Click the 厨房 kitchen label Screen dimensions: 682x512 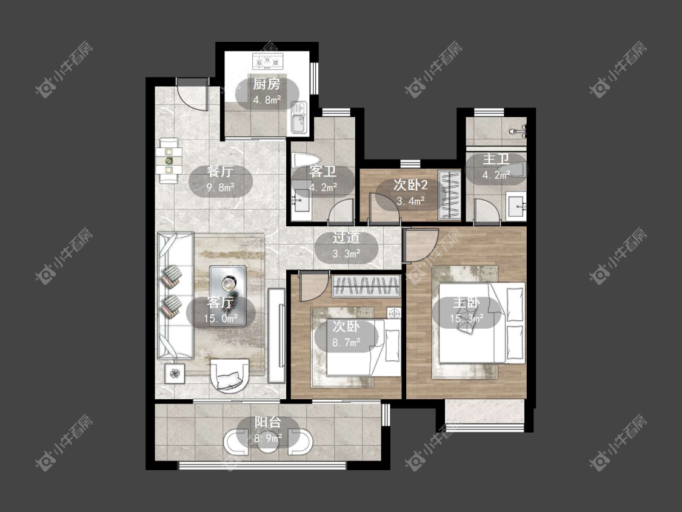click(x=267, y=84)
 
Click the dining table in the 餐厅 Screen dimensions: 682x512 click(x=169, y=161)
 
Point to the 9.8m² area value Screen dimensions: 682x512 click(x=221, y=188)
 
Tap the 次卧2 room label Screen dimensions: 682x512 click(x=410, y=185)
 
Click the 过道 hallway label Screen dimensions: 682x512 click(x=346, y=238)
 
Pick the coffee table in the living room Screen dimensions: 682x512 click(x=227, y=295)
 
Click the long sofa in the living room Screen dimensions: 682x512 click(x=175, y=296)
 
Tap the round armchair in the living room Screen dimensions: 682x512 click(x=230, y=376)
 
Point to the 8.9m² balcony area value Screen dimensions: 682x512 click(x=267, y=439)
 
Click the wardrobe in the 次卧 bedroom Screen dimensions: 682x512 click(x=366, y=286)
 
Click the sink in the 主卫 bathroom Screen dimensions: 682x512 click(x=517, y=206)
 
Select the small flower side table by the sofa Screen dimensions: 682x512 click(x=175, y=374)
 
